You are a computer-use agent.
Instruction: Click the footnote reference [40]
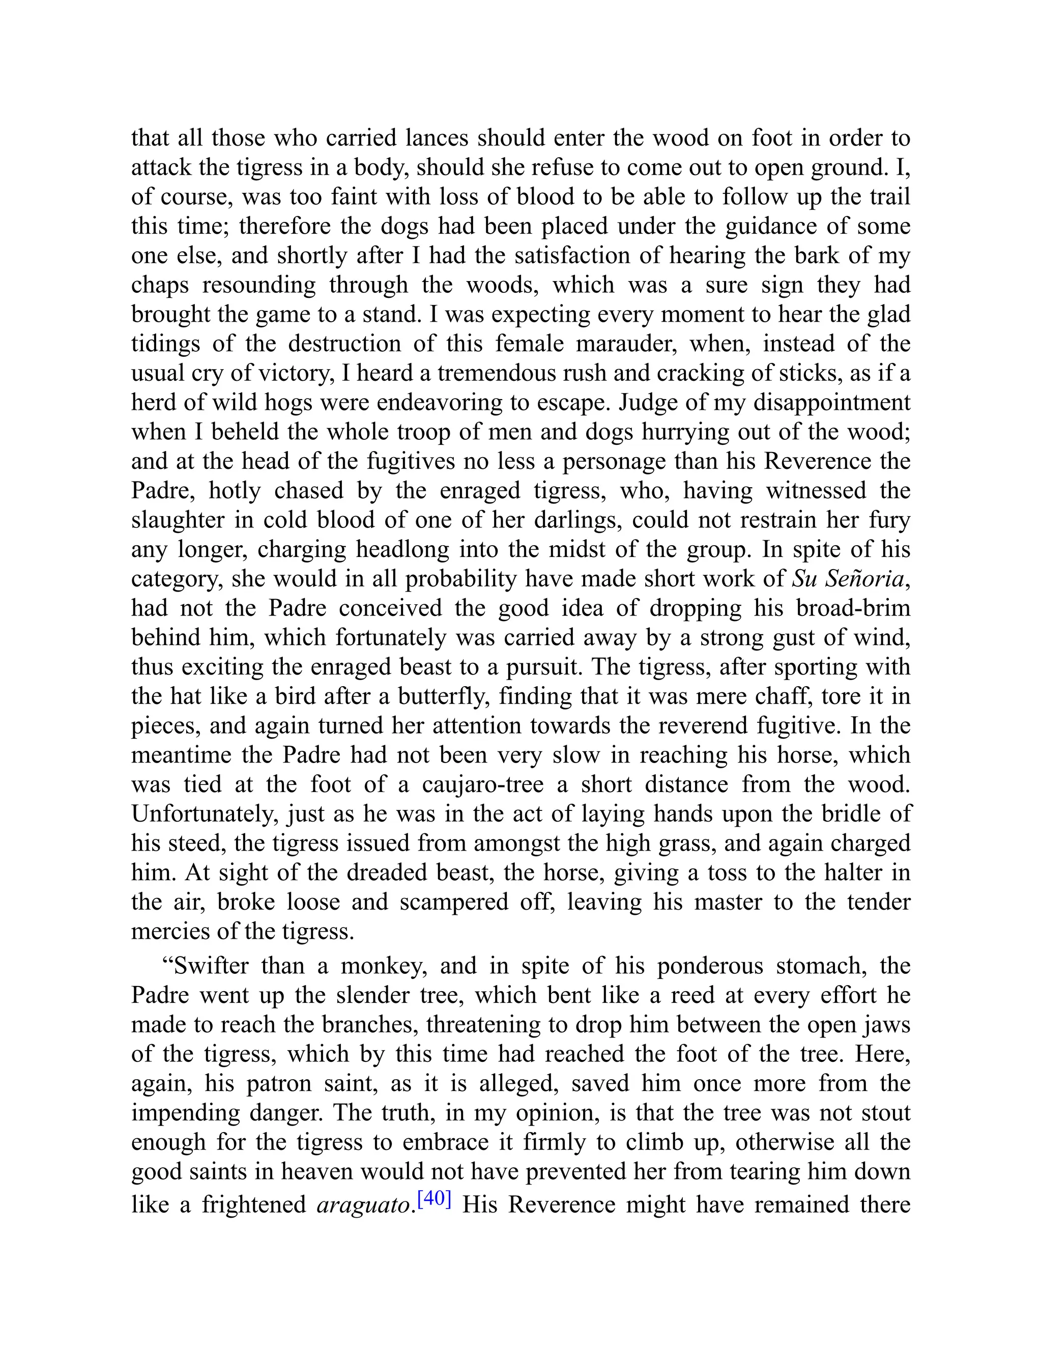click(435, 1199)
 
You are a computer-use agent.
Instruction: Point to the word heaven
click(314, 1172)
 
